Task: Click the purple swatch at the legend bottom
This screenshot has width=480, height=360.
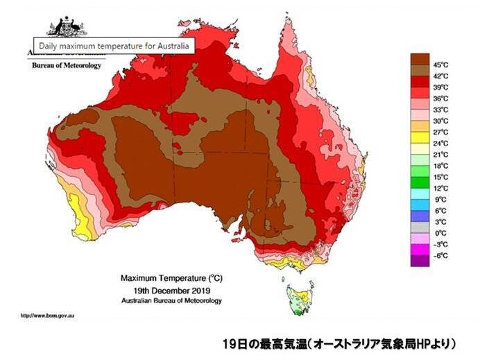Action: pos(420,261)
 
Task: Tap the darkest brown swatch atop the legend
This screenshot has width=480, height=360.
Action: pos(420,58)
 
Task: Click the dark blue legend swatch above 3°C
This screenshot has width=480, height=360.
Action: pos(420,216)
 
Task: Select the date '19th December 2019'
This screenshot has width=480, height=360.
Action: pos(172,291)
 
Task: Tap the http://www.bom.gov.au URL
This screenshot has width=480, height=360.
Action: pos(48,316)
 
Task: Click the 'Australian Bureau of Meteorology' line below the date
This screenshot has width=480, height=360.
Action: pos(172,301)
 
